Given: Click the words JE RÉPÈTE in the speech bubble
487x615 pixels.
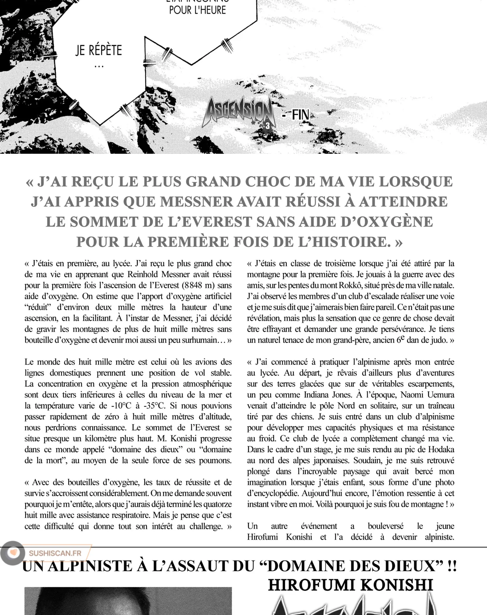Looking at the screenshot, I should pos(99,50).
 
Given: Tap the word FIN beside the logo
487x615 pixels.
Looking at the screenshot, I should pos(300,115).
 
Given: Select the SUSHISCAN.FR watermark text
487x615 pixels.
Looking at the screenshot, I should pos(55,553).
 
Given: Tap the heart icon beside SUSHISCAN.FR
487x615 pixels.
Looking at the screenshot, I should pos(13,553).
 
